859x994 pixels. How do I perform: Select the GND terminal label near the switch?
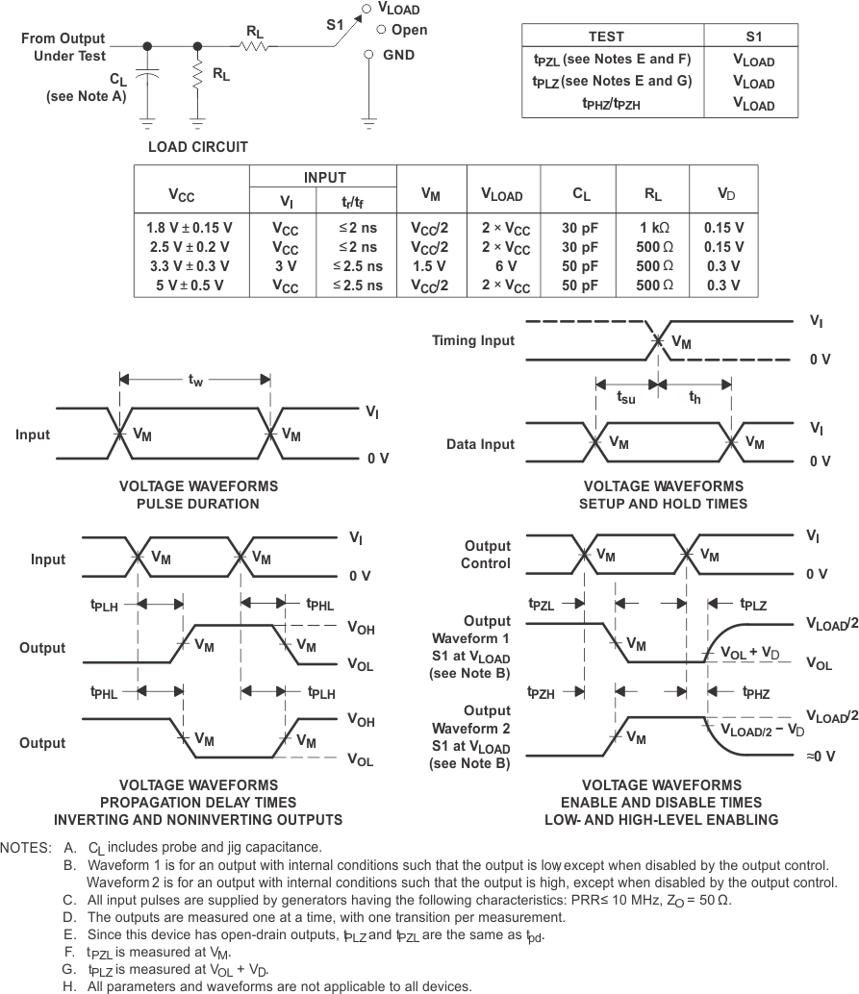(398, 55)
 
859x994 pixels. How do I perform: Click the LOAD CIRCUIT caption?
(197, 147)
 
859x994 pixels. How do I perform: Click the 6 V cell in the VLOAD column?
(503, 266)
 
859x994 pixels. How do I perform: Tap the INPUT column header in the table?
(324, 178)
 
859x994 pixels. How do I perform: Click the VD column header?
(726, 194)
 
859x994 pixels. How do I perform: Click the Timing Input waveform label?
(472, 340)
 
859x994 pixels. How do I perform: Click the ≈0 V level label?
(819, 758)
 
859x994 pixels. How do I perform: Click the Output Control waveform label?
(487, 554)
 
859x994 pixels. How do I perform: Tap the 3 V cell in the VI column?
(285, 266)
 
